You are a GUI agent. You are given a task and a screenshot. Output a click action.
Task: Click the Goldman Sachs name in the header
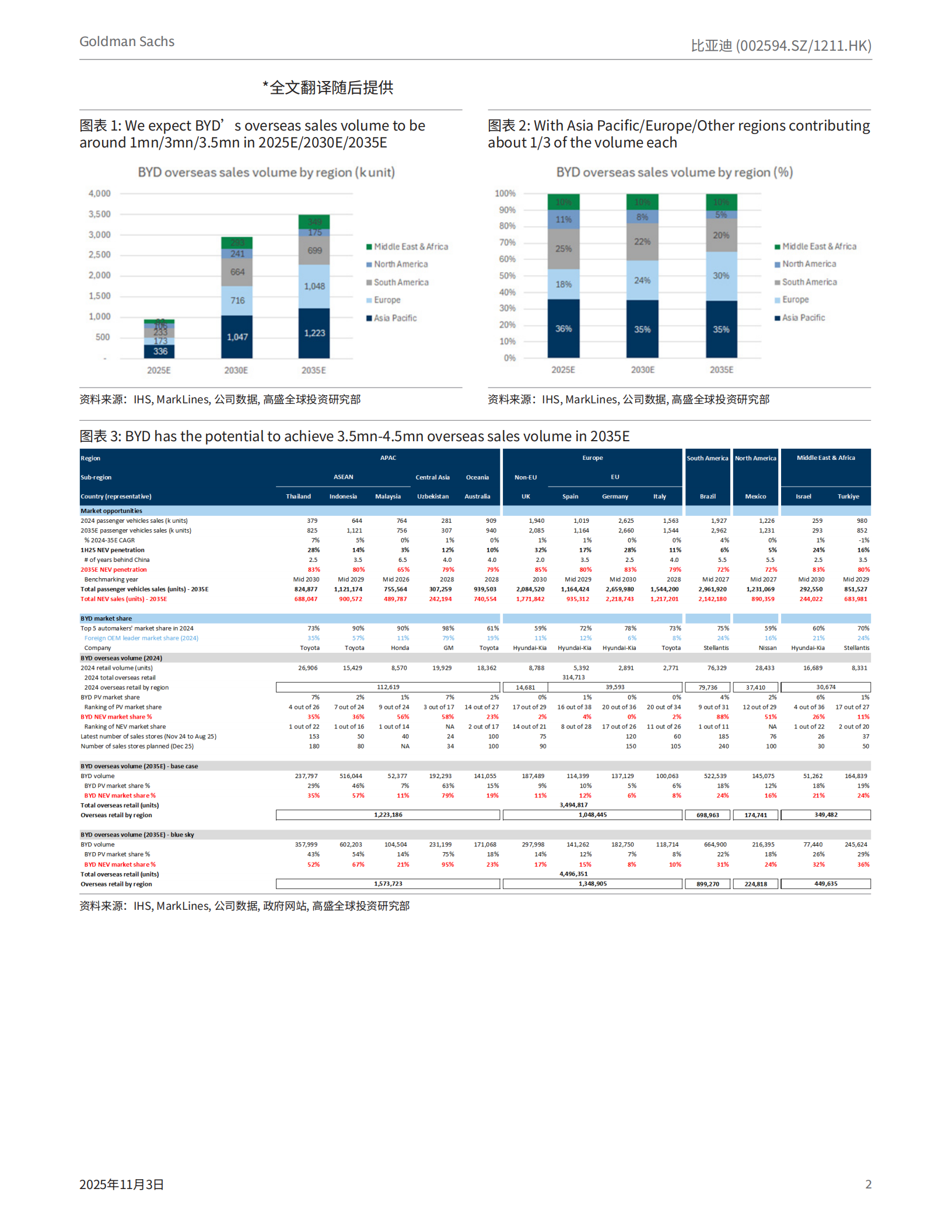pyautogui.click(x=127, y=41)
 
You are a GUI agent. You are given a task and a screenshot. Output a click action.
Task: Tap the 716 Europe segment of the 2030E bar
pyautogui.click(x=237, y=301)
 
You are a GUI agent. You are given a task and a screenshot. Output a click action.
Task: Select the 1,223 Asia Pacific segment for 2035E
pyautogui.click(x=314, y=333)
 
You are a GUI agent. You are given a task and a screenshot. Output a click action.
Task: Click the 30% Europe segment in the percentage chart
pyautogui.click(x=721, y=276)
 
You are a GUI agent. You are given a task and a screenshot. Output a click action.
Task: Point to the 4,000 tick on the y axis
pyautogui.click(x=99, y=194)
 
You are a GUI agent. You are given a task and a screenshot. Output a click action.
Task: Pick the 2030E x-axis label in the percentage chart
pyautogui.click(x=642, y=370)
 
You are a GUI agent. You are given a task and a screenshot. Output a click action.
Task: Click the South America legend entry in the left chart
pyautogui.click(x=401, y=282)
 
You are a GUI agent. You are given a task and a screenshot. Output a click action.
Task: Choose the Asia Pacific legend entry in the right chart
pyautogui.click(x=803, y=318)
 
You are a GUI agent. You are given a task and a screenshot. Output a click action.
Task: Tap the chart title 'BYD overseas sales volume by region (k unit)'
pyautogui.click(x=266, y=173)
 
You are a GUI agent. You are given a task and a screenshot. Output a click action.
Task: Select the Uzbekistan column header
pyautogui.click(x=433, y=497)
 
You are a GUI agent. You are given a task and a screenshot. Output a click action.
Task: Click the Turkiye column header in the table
pyautogui.click(x=848, y=497)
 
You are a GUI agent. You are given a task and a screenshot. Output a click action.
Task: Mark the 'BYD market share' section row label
pyautogui.click(x=106, y=618)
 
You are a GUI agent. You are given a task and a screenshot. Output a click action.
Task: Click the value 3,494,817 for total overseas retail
pyautogui.click(x=573, y=805)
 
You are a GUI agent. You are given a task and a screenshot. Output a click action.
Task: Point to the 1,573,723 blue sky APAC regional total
pyautogui.click(x=388, y=884)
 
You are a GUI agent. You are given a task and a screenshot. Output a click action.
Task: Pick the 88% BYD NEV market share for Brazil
pyautogui.click(x=723, y=717)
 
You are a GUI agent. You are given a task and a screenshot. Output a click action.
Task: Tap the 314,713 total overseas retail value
pyautogui.click(x=573, y=677)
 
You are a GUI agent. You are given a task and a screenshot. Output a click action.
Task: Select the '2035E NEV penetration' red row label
pyautogui.click(x=114, y=569)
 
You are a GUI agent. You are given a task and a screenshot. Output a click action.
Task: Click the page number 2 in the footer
pyautogui.click(x=868, y=1184)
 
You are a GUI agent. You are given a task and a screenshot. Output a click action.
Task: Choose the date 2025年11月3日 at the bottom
pyautogui.click(x=121, y=1184)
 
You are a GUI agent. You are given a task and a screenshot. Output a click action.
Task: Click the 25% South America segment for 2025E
pyautogui.click(x=563, y=249)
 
